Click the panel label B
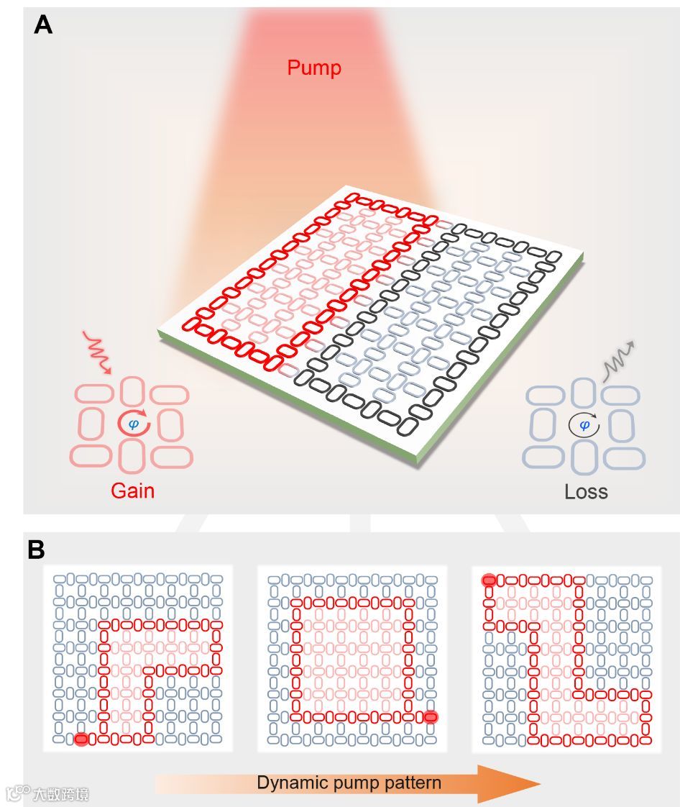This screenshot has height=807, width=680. click(x=36, y=550)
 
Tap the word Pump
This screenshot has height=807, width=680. click(x=314, y=68)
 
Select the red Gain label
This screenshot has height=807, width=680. click(x=132, y=491)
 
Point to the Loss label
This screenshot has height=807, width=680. click(x=586, y=492)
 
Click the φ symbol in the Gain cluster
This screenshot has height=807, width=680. click(x=133, y=424)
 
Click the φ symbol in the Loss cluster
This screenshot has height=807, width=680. click(x=584, y=426)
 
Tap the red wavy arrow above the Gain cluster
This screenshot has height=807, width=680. click(x=96, y=352)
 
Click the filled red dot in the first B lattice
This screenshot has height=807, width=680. click(x=81, y=739)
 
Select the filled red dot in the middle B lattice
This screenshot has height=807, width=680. click(x=431, y=716)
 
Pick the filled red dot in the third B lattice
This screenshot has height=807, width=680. click(x=489, y=579)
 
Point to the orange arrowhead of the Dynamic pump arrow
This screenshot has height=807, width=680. click(x=507, y=783)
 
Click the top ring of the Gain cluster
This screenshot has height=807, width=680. click(x=132, y=391)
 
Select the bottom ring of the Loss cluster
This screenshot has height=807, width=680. click(x=584, y=457)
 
